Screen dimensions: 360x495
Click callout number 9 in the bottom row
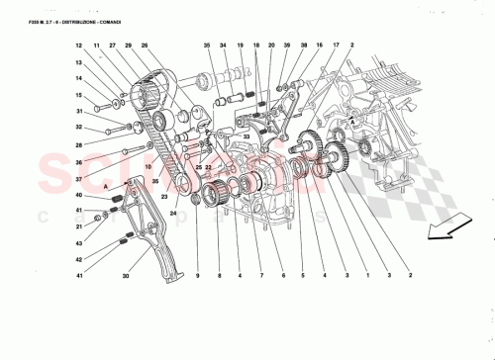tap(197, 275)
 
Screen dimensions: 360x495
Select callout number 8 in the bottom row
tap(218, 275)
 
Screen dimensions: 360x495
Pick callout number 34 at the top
tap(225, 46)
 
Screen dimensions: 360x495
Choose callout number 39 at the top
tap(287, 46)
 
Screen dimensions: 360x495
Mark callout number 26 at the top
tap(145, 46)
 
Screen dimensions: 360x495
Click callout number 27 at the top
tap(113, 46)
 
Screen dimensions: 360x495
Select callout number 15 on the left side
tap(79, 95)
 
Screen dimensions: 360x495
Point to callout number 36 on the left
tap(79, 161)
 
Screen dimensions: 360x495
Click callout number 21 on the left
tap(79, 227)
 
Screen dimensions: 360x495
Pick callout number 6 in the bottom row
tap(281, 275)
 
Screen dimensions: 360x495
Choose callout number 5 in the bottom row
tap(301, 275)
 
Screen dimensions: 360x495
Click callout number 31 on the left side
tap(79, 128)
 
